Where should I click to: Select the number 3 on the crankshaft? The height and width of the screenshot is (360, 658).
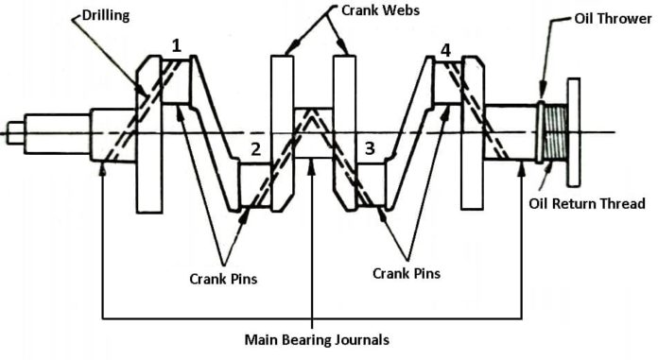(370, 148)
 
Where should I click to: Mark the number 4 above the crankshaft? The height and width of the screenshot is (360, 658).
(444, 49)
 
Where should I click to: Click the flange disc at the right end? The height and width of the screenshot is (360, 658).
(573, 133)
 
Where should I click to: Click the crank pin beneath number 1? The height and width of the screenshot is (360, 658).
(177, 81)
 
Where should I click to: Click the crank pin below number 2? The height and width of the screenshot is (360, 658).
(255, 184)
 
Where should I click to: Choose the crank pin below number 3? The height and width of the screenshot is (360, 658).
(370, 184)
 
